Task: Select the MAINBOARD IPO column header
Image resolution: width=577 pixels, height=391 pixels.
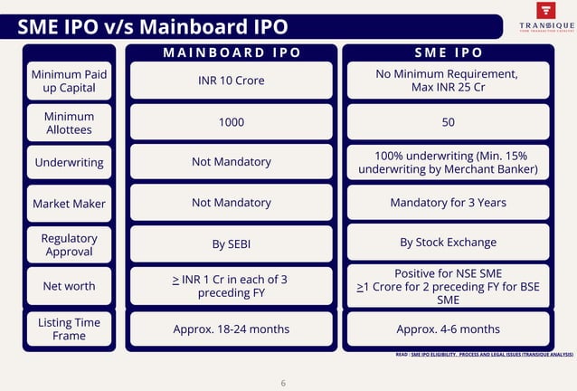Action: (x=231, y=52)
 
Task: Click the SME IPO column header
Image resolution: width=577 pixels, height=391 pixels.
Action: (x=448, y=52)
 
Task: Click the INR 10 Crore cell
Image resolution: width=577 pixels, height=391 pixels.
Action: (x=231, y=81)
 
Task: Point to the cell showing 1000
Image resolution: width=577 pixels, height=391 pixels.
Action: (x=231, y=122)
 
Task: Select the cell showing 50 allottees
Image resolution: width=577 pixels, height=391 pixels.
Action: (x=448, y=122)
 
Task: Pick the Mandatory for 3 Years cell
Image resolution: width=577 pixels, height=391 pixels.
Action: (x=448, y=203)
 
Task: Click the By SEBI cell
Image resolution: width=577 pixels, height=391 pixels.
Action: (x=231, y=244)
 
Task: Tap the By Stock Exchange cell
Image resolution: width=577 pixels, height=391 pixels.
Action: (x=448, y=243)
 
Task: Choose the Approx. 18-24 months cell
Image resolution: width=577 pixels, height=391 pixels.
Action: (x=231, y=329)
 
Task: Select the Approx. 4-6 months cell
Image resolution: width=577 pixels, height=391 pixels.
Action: (x=448, y=329)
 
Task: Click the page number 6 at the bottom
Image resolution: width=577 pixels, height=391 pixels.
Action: (x=283, y=383)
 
